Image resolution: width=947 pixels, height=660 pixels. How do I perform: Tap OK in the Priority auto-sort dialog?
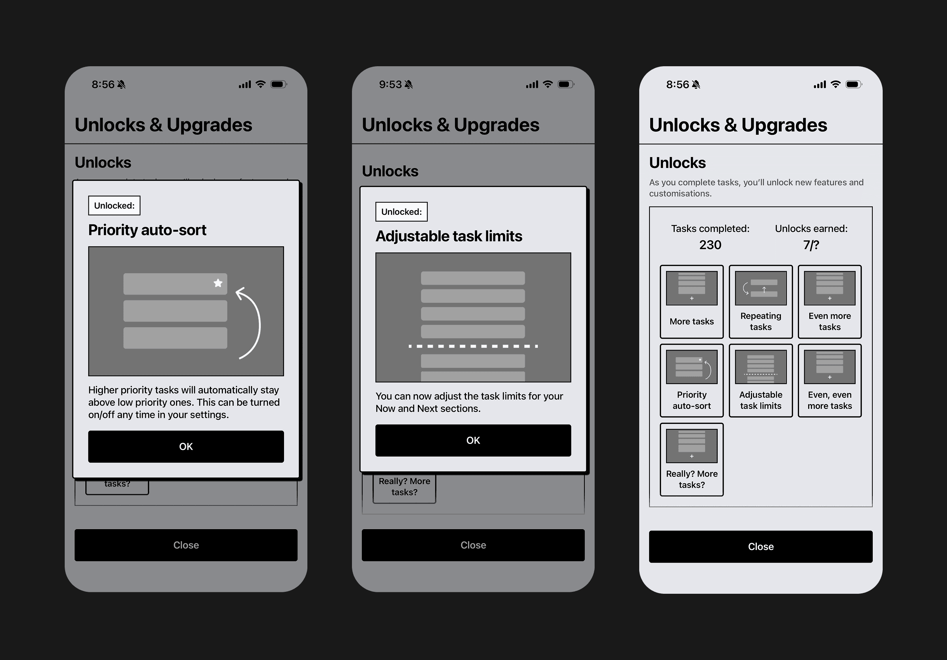[x=185, y=446]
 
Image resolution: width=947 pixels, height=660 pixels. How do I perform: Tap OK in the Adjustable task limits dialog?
[x=473, y=440]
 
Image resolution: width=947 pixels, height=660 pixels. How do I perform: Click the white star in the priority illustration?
[x=218, y=283]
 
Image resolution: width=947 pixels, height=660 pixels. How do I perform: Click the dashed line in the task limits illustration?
[x=473, y=346]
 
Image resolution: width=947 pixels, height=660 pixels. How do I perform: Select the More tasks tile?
[x=692, y=302]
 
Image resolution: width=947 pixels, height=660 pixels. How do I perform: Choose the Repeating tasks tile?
[x=761, y=302]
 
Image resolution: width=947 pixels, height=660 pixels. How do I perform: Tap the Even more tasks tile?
[x=829, y=302]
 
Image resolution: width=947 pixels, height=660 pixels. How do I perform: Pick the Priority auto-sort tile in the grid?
[x=692, y=380]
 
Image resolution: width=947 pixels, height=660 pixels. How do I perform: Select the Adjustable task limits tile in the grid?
[x=761, y=380]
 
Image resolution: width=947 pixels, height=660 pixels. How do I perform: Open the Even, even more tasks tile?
[x=829, y=380]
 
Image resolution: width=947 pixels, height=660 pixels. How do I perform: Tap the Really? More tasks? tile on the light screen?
[x=692, y=460]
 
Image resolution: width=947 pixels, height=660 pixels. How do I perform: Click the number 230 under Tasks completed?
[x=710, y=245]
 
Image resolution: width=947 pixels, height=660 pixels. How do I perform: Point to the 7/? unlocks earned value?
[x=811, y=245]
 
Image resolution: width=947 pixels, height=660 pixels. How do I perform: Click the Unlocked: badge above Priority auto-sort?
[x=114, y=205]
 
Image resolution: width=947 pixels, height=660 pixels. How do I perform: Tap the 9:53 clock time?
[x=390, y=84]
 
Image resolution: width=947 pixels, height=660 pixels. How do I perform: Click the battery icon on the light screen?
[x=854, y=84]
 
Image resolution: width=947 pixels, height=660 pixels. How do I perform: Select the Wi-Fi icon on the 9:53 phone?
[x=548, y=84]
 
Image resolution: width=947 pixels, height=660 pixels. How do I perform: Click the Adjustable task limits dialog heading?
[x=449, y=236]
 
